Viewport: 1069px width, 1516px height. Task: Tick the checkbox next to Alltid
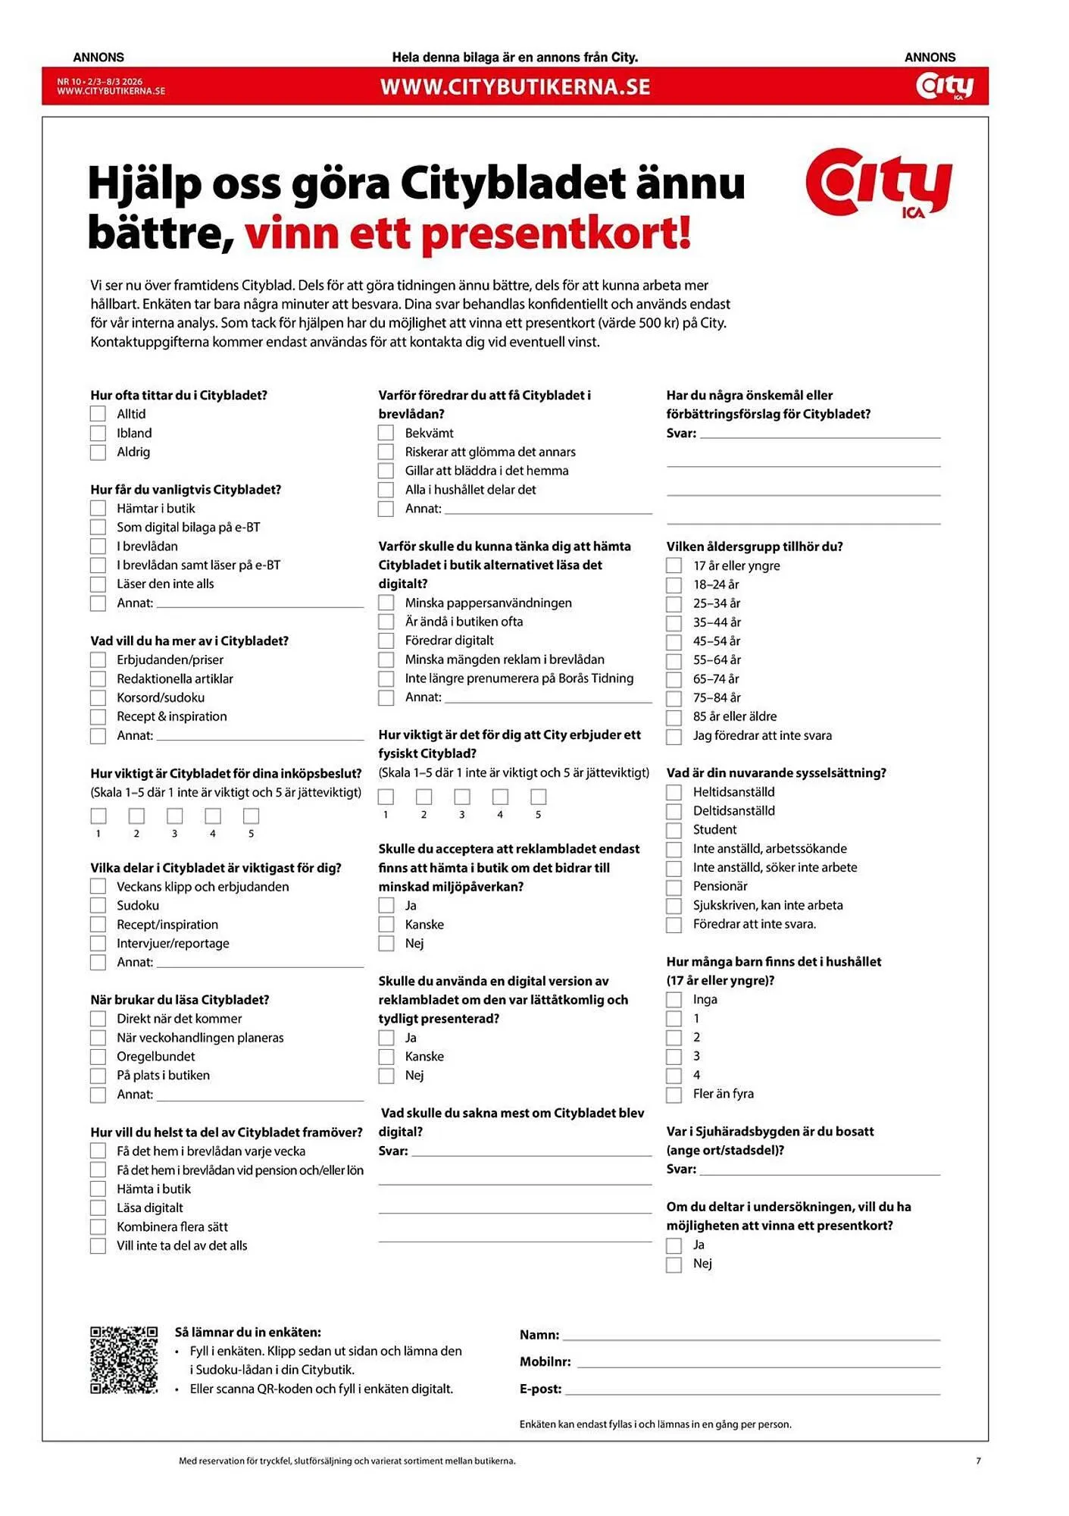coord(98,414)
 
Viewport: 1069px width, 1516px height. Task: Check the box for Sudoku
coord(98,905)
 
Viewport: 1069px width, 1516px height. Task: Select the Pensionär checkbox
coord(674,887)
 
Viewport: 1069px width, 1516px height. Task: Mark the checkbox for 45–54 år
coord(674,641)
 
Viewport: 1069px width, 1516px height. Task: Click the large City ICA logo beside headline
coord(878,183)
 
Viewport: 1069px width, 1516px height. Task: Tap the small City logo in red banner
coord(944,86)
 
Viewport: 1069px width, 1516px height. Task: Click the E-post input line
coord(752,1389)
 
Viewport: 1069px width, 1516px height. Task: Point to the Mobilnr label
coord(545,1361)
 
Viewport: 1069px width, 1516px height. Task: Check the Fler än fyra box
coord(674,1095)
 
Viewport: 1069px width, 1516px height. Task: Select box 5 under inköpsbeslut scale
coord(252,816)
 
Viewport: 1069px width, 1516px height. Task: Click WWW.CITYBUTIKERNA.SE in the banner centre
coord(515,86)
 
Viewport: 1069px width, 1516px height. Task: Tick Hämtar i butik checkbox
coord(98,508)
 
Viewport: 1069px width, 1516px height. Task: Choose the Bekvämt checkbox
coord(386,433)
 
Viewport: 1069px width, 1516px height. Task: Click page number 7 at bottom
coord(978,1460)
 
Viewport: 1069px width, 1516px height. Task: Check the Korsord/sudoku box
coord(98,697)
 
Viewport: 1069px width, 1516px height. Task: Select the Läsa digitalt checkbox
coord(98,1208)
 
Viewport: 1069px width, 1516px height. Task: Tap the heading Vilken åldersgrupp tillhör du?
coord(754,547)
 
